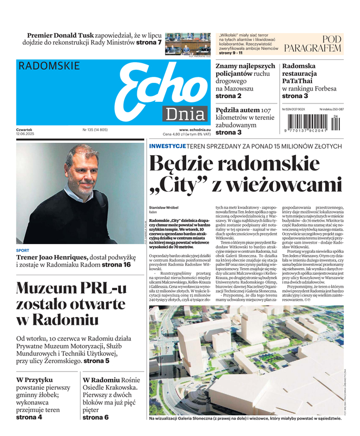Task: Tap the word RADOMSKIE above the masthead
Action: coord(49,66)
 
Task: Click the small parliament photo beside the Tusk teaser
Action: coord(188,43)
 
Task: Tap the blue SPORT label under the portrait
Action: coord(23,251)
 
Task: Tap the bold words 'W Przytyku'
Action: coord(34,379)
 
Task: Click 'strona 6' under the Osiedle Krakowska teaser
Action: coord(95,417)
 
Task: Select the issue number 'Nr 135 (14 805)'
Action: coord(95,130)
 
